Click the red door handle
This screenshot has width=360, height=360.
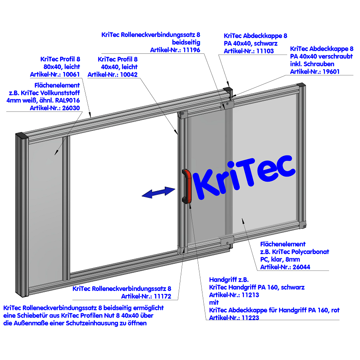coord(187,186)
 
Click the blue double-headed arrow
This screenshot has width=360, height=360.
coord(159,193)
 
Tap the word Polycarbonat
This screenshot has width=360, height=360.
coord(310,252)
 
